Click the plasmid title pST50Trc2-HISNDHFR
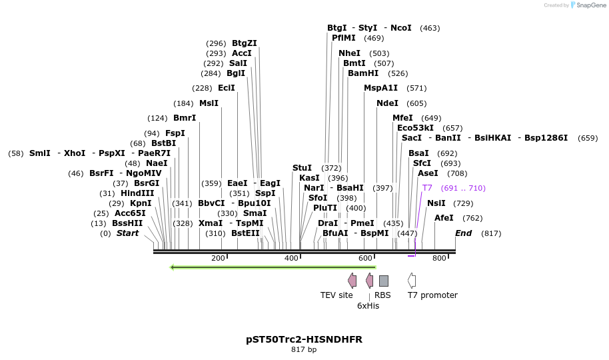point(304,339)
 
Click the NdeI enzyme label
point(387,103)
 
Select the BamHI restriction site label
point(363,73)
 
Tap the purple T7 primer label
point(427,188)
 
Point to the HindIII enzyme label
point(137,193)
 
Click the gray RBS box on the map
point(383,281)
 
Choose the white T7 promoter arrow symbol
point(412,281)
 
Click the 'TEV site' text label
point(336,295)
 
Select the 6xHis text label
point(368,306)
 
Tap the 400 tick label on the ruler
point(291,259)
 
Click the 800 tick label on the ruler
point(439,259)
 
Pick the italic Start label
point(127,233)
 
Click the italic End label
point(463,233)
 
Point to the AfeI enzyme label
point(444,218)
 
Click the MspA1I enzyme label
point(380,88)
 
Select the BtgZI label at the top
point(245,43)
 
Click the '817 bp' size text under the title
point(304,349)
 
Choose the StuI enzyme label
point(302,168)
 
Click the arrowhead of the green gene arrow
point(173,267)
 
